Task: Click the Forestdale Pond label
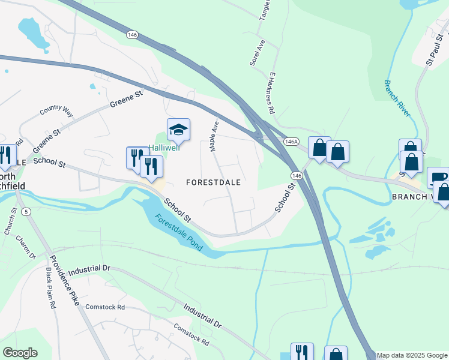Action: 178,232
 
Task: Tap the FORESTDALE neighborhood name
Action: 213,182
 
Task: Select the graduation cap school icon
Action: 178,129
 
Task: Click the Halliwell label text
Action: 164,148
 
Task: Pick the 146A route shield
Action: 291,141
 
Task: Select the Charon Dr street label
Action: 26,247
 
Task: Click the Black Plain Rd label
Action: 50,288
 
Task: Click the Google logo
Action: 20,353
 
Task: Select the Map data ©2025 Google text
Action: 412,355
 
